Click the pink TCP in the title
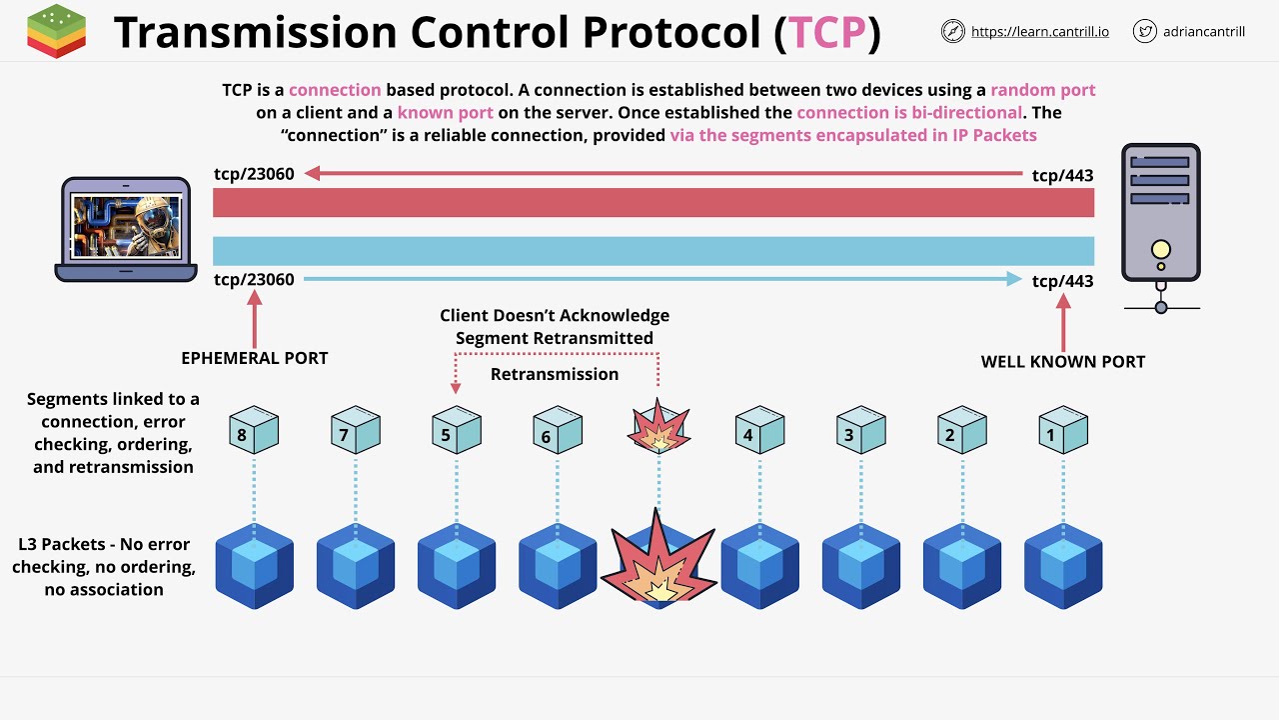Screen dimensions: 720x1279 click(826, 32)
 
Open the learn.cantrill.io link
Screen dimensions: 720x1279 click(1039, 32)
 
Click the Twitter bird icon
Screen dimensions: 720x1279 click(1144, 31)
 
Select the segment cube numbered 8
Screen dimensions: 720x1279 click(254, 431)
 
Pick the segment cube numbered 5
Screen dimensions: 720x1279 click(457, 431)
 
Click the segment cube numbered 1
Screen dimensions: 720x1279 click(1062, 431)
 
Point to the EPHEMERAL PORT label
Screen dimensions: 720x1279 click(254, 358)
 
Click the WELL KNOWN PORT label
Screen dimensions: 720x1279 click(1062, 361)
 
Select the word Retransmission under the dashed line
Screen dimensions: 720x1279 click(555, 374)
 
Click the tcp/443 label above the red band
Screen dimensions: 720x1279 click(1062, 175)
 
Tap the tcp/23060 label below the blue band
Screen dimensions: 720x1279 click(254, 280)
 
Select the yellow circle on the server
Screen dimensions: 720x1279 click(1160, 249)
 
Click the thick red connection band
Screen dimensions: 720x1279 click(653, 203)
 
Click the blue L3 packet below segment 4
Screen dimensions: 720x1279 click(759, 566)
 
